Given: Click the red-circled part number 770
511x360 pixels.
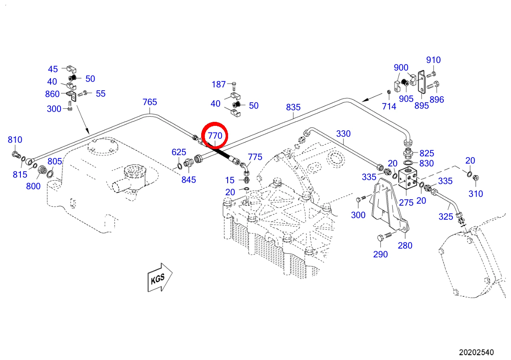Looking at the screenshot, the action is pyautogui.click(x=215, y=136).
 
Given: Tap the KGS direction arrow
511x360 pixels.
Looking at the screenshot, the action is pyautogui.click(x=160, y=277).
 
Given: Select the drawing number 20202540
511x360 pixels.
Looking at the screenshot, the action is pyautogui.click(x=476, y=352).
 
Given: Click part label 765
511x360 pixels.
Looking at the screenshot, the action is pyautogui.click(x=149, y=102).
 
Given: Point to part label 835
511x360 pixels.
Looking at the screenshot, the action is pyautogui.click(x=293, y=107).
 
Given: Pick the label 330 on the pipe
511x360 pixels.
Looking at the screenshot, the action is pyautogui.click(x=343, y=133).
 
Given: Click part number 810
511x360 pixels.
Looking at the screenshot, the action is pyautogui.click(x=15, y=140).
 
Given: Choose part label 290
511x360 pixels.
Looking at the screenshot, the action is pyautogui.click(x=380, y=255).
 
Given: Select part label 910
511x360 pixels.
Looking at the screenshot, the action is pyautogui.click(x=433, y=60).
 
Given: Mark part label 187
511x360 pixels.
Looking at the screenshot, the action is pyautogui.click(x=218, y=85).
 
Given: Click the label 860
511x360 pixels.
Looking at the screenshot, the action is pyautogui.click(x=52, y=94).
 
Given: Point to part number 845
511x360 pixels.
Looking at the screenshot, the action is pyautogui.click(x=189, y=180).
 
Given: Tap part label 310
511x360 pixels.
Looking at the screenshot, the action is pyautogui.click(x=476, y=194).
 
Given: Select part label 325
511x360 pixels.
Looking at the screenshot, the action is pyautogui.click(x=446, y=216).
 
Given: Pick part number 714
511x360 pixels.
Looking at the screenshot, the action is pyautogui.click(x=389, y=106).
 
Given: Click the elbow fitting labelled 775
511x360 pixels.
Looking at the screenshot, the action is pyautogui.click(x=245, y=169).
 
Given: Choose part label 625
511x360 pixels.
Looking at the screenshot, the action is pyautogui.click(x=179, y=152).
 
